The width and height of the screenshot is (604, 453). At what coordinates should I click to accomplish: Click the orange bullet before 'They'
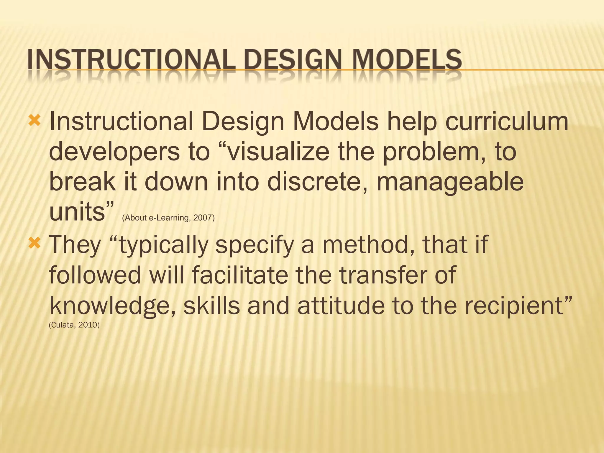tap(35, 244)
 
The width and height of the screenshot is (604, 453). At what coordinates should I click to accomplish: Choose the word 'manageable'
tap(450, 183)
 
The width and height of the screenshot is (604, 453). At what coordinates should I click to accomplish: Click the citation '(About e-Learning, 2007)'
tap(168, 218)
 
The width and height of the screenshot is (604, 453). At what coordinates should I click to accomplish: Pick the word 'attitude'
tap(341, 306)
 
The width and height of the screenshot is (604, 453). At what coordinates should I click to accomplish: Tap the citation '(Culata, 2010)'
tap(74, 325)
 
